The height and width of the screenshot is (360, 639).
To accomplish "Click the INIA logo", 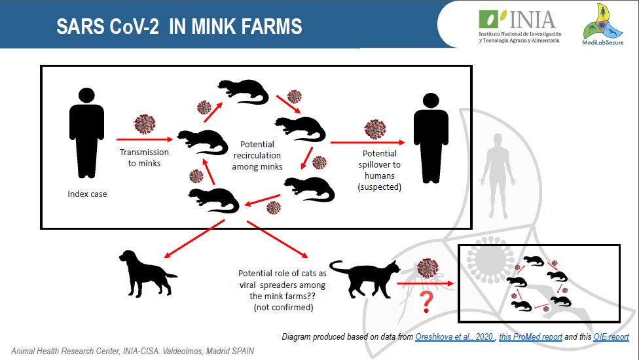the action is (x=520, y=26).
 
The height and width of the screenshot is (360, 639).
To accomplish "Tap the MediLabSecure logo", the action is (x=603, y=24).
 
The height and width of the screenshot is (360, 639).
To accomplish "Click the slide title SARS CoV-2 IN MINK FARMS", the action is (x=179, y=27).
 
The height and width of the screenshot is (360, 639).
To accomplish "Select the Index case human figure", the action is (x=87, y=133).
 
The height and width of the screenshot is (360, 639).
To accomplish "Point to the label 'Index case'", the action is (x=87, y=194).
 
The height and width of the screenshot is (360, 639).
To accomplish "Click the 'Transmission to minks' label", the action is (x=144, y=158).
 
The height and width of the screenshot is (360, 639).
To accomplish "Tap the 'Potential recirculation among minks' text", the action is (x=257, y=156).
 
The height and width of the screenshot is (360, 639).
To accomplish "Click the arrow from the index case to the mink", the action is (x=145, y=139).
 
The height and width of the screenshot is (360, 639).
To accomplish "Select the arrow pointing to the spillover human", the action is (x=367, y=143).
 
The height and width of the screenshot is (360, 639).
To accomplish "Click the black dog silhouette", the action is (x=147, y=273).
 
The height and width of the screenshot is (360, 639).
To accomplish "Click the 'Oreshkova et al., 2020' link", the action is (x=454, y=337).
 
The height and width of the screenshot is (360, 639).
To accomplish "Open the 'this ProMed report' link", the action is (x=530, y=337).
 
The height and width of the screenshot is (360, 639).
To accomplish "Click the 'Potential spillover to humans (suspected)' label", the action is (x=380, y=170).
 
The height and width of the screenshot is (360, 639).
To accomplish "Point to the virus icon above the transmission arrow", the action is (x=145, y=124).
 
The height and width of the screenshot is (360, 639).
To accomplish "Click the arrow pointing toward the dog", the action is (x=194, y=239).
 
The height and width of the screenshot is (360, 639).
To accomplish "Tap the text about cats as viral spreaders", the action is (x=283, y=291).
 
